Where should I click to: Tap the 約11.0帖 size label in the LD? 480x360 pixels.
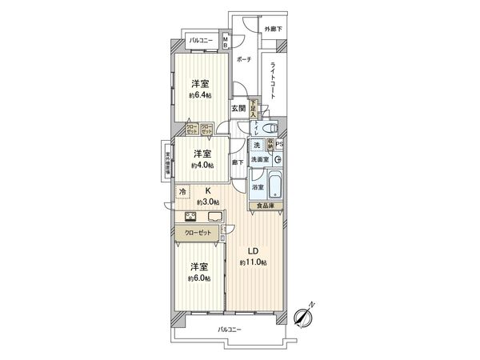pyautogui.click(x=253, y=262)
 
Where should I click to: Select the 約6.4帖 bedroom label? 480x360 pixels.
pyautogui.click(x=201, y=94)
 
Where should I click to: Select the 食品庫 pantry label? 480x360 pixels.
pyautogui.click(x=265, y=206)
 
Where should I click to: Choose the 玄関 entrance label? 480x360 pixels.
pyautogui.click(x=238, y=108)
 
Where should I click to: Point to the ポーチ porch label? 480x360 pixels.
pyautogui.click(x=244, y=58)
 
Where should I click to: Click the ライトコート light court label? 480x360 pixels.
pyautogui.click(x=274, y=77)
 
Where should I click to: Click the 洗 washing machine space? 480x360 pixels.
pyautogui.click(x=257, y=145)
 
